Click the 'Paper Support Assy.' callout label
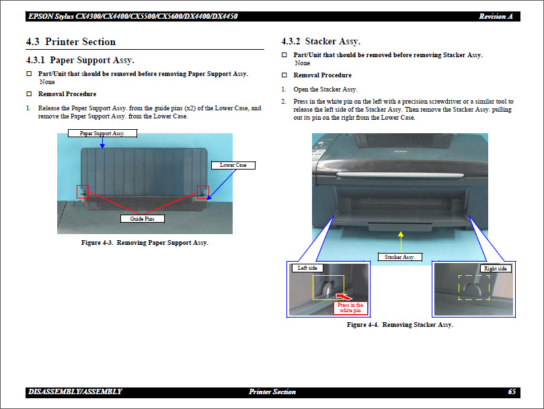click(102, 133)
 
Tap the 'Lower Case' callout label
click(233, 165)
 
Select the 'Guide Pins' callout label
click(142, 219)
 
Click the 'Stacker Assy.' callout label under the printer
click(399, 257)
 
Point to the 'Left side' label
click(307, 268)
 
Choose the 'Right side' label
click(495, 268)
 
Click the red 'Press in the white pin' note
click(350, 307)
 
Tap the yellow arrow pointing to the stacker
click(401, 240)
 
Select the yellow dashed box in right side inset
click(474, 287)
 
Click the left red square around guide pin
click(83, 192)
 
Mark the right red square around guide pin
click(202, 192)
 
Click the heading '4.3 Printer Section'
click(71, 42)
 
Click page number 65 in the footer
click(512, 392)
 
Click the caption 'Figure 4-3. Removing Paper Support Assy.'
click(145, 242)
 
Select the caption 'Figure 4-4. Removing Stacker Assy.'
click(399, 325)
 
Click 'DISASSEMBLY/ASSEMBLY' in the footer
click(75, 392)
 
